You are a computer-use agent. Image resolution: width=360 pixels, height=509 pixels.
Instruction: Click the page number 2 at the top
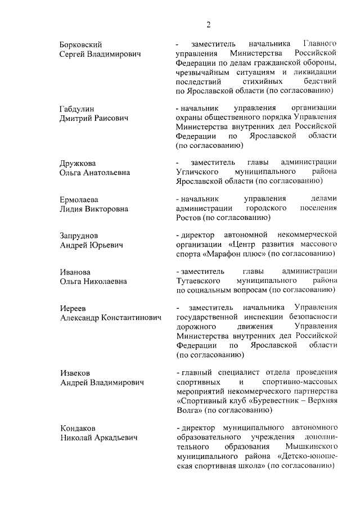208,24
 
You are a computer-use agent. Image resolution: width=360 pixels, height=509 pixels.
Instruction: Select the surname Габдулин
77,109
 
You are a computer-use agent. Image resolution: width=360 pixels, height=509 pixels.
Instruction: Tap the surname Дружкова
78,163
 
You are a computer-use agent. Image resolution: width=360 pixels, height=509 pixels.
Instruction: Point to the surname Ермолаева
79,199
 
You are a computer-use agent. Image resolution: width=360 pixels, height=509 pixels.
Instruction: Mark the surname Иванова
75,272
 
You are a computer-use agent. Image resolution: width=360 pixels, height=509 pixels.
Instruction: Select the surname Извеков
75,373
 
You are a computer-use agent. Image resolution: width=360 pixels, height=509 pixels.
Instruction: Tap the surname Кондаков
78,428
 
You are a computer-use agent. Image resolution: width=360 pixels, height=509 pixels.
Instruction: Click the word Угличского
196,172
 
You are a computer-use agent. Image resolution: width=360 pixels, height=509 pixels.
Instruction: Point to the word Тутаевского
198,281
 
